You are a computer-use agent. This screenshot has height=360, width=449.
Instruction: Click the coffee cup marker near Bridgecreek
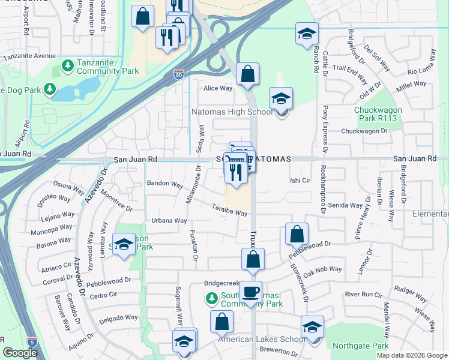point(250,292)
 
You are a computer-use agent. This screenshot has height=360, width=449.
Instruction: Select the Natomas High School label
point(232,112)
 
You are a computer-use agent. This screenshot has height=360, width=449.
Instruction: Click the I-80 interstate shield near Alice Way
point(178,74)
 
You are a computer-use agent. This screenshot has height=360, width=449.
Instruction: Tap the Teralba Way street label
point(229,211)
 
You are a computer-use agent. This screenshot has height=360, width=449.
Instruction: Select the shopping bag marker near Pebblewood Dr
point(297,234)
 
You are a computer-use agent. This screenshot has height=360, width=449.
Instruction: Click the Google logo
point(20,353)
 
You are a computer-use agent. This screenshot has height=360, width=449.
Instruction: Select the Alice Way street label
point(217,88)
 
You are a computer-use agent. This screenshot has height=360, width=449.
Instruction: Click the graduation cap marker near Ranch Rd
point(307,34)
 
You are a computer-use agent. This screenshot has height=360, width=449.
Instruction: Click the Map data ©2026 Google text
point(411,355)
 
